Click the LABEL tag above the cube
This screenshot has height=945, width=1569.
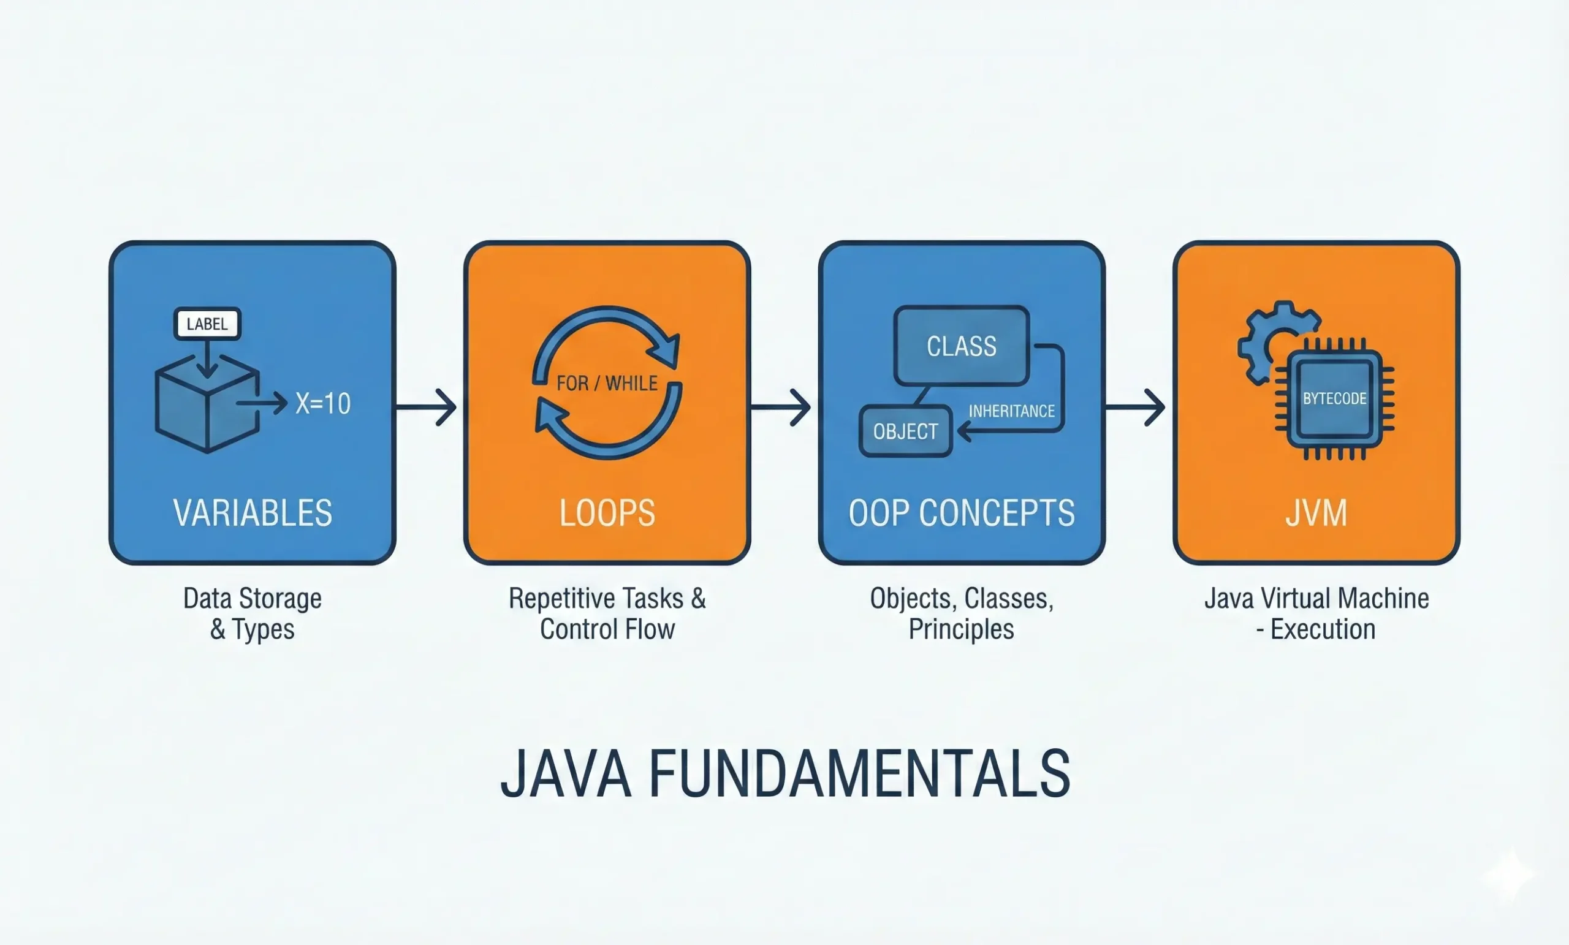click(x=207, y=324)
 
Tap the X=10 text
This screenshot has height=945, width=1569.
click(x=323, y=404)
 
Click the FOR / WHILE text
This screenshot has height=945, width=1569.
click(x=607, y=384)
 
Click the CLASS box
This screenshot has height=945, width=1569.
click(x=962, y=346)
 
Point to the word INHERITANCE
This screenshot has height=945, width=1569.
click(x=1011, y=411)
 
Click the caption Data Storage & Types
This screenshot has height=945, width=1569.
click(x=253, y=614)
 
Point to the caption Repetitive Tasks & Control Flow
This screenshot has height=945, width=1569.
click(x=607, y=614)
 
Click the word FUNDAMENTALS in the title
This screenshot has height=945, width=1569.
click(x=860, y=773)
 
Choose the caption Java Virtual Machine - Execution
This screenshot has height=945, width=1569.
click(x=1316, y=614)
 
